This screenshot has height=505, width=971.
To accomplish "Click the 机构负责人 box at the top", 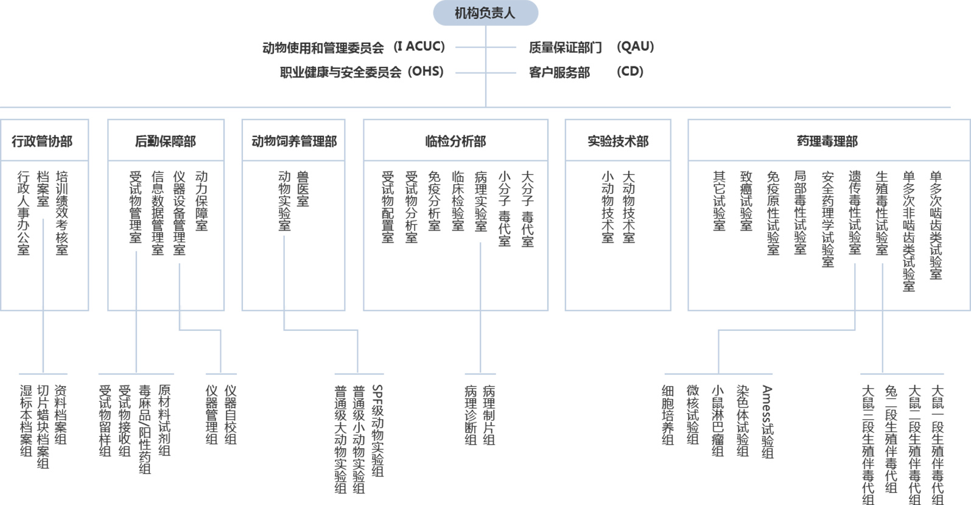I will tap(485, 13).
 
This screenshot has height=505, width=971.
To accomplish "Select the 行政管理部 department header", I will tap(43, 141).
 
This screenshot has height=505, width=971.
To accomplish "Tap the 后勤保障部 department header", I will tap(166, 141).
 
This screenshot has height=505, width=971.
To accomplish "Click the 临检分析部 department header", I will tap(455, 141).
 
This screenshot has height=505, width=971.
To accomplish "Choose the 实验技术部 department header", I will tap(618, 141).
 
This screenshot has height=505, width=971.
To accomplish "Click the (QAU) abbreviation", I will tap(635, 47).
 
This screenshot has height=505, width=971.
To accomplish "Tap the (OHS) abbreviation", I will tap(426, 72).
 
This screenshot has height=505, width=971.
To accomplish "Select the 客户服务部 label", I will tap(559, 72).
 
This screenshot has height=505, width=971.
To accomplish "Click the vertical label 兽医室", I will tap(303, 189).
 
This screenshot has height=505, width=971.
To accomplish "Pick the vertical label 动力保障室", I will tap(202, 201).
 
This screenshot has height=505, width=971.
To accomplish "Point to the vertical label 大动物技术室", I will tap(629, 207).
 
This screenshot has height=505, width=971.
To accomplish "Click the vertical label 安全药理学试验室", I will tap(827, 219).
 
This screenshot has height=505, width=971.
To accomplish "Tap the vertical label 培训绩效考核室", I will tap(62, 213).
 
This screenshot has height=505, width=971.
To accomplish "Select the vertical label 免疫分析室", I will tap(433, 201).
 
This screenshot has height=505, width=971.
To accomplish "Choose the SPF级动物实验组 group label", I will tap(377, 430).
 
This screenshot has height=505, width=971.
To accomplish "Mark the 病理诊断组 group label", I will tap(470, 414).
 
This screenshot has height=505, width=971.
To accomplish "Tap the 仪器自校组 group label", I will tap(230, 414).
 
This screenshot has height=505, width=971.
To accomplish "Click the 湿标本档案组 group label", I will tap(26, 420).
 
